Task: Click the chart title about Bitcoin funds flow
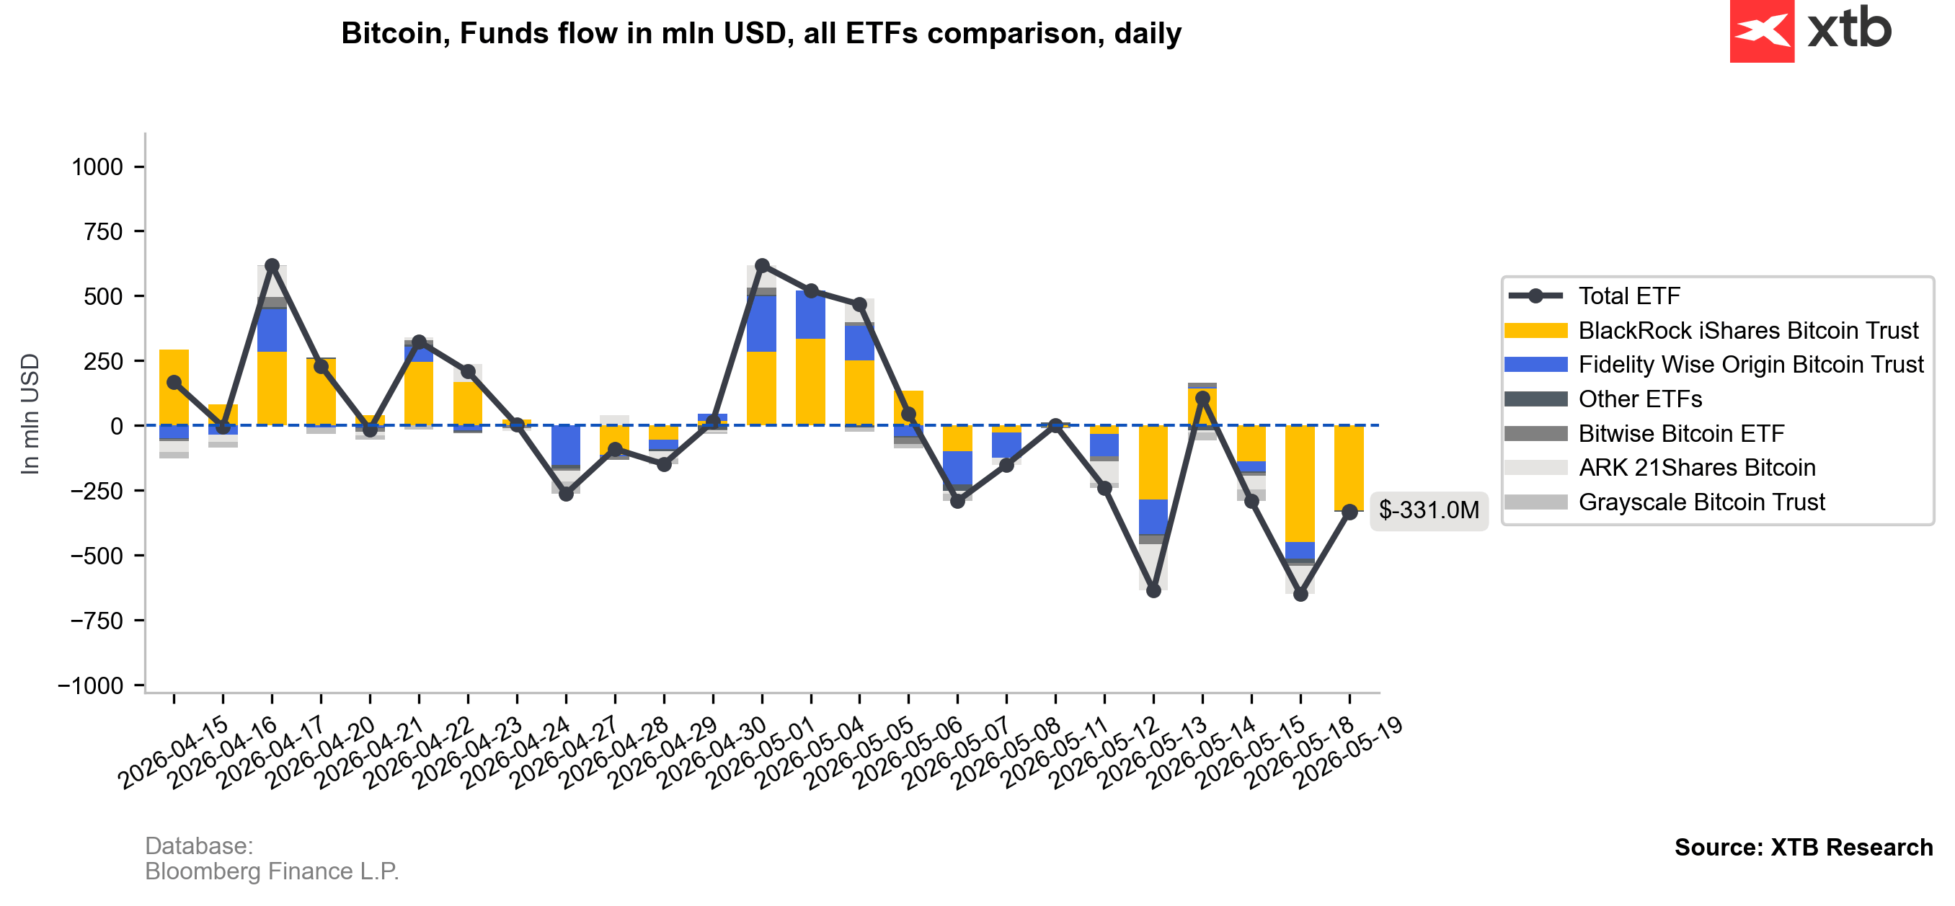pyautogui.click(x=761, y=33)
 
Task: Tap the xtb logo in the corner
pyautogui.click(x=1810, y=31)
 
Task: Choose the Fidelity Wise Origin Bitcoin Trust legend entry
pyautogui.click(x=1714, y=364)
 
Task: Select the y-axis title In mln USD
pyautogui.click(x=30, y=414)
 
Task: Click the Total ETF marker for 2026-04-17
pyautogui.click(x=272, y=265)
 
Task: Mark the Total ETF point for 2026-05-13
pyautogui.click(x=1202, y=399)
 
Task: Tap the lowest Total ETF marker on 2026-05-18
pyautogui.click(x=1300, y=594)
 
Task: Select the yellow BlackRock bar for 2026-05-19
pyautogui.click(x=1349, y=468)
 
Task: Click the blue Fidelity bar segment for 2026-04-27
pyautogui.click(x=565, y=445)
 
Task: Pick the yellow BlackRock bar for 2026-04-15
pyautogui.click(x=174, y=388)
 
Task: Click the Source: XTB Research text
pyautogui.click(x=1803, y=847)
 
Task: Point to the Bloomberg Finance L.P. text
pyautogui.click(x=272, y=871)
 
